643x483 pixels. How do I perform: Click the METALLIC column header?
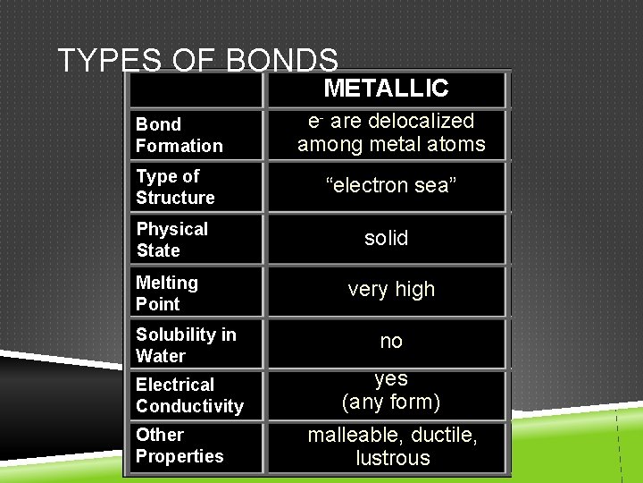coord(386,88)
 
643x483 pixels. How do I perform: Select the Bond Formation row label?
coord(179,135)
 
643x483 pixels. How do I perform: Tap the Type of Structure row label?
coord(175,187)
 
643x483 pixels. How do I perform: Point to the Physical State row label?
coord(171,240)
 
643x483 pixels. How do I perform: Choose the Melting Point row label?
coord(167,293)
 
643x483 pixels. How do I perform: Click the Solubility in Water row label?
coord(186,345)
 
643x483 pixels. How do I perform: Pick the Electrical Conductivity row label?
coord(189,395)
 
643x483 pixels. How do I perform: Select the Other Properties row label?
coord(180,445)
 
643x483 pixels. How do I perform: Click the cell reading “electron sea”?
coord(391,185)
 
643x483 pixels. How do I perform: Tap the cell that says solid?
coord(386,238)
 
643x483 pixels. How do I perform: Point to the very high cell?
coord(391,289)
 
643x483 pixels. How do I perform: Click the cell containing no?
coord(391,341)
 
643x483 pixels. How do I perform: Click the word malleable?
coord(350,436)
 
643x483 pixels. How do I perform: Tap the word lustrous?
coord(393,459)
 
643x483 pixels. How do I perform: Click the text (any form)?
coord(391,402)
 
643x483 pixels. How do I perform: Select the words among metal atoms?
coord(391,144)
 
